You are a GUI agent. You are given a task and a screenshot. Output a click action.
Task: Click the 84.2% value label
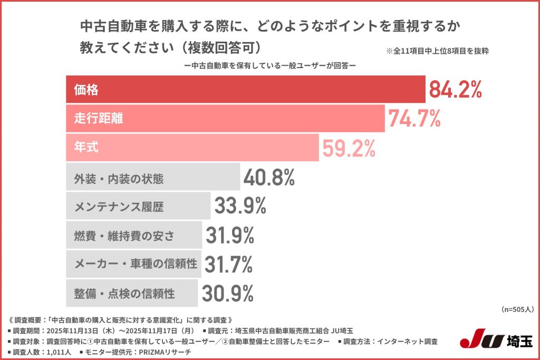(x=455, y=90)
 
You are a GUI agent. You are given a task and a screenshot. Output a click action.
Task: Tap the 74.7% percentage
(x=414, y=119)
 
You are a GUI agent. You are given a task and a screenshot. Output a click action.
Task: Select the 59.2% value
(x=349, y=149)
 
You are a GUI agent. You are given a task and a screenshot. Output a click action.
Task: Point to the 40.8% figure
(x=269, y=178)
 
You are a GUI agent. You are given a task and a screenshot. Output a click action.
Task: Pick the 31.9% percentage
(x=232, y=236)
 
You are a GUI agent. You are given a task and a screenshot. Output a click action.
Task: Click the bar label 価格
(x=86, y=90)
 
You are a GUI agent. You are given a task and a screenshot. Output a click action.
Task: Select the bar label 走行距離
(x=98, y=119)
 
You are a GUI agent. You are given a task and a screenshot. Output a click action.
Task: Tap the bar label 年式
(x=86, y=148)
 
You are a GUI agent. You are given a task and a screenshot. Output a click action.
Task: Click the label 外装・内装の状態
(x=119, y=179)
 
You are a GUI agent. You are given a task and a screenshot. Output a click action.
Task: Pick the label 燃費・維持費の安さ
(x=123, y=236)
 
